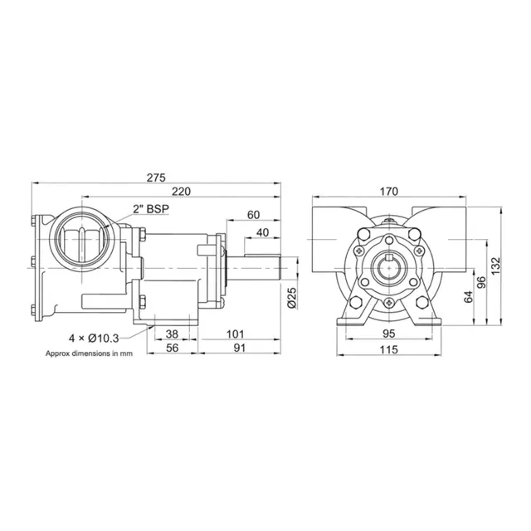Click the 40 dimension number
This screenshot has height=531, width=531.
[262, 232]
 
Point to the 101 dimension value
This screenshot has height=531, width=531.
[237, 335]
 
